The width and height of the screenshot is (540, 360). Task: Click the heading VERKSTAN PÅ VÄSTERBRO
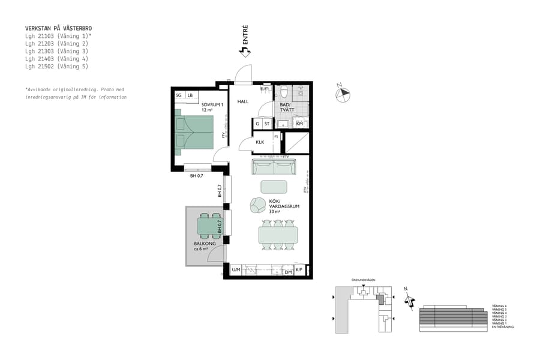pos(58,28)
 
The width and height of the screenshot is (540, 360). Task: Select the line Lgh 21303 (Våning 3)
pos(56,51)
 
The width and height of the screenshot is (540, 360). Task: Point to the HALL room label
pos(243,101)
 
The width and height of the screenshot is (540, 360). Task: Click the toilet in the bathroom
pos(284,92)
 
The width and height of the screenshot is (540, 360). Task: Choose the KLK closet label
pos(260,142)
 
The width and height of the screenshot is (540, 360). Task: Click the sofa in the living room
pos(274,166)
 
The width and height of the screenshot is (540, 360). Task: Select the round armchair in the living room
pos(258,205)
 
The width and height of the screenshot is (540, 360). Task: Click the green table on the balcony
pos(210,226)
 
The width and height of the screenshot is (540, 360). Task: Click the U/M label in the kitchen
pos(236,271)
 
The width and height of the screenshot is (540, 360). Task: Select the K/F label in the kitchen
pos(299,271)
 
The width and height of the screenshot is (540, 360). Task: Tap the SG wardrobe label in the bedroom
pos(179,95)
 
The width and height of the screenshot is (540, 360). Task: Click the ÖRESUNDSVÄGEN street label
pos(364,280)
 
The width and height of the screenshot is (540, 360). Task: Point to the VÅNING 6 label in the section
pos(499,306)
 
